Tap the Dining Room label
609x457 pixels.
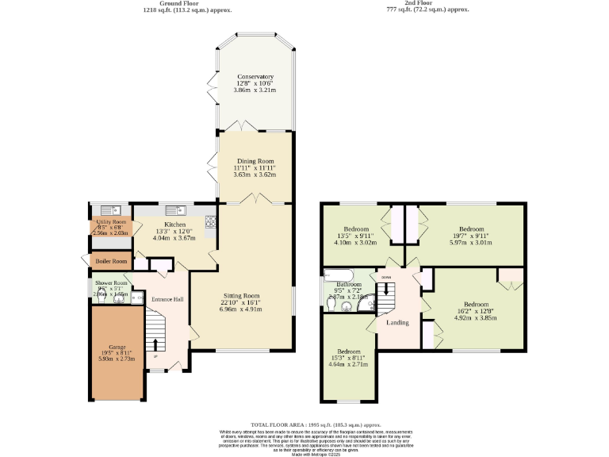(x=254, y=160)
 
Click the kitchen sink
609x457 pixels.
(x=175, y=210)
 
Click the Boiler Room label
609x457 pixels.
(x=110, y=261)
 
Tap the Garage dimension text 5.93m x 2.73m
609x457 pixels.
(x=117, y=359)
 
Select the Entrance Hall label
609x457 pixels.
(x=168, y=299)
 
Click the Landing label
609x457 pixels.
(x=397, y=322)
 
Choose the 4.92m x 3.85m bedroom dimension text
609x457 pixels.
(x=476, y=317)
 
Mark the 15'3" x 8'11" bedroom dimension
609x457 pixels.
(x=348, y=358)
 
